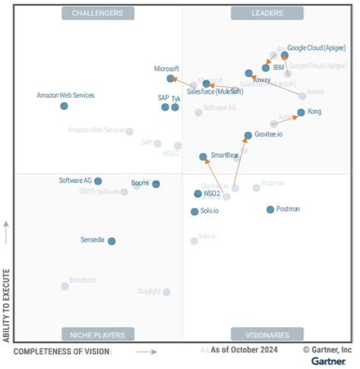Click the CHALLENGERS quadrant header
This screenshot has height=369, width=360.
click(x=98, y=13)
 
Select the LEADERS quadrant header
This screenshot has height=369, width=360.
click(x=267, y=13)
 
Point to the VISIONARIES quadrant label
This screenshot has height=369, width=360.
click(x=267, y=334)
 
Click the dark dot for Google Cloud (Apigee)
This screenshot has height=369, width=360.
click(x=285, y=55)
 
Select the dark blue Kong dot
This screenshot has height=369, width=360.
click(x=301, y=112)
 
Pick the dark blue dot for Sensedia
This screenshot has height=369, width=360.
click(x=112, y=241)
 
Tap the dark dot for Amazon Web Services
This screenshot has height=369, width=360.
click(x=64, y=106)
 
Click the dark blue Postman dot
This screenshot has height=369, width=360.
click(x=270, y=209)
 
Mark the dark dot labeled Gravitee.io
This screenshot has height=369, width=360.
click(x=248, y=135)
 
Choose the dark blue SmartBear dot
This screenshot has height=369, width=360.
click(x=203, y=157)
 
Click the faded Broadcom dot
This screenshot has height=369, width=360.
click(x=65, y=286)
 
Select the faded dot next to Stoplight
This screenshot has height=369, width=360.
click(x=166, y=292)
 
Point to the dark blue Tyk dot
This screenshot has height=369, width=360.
click(x=175, y=107)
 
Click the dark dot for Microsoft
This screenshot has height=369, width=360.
click(x=170, y=78)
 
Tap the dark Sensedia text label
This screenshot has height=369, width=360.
click(x=93, y=240)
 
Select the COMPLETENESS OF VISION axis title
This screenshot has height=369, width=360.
click(x=62, y=351)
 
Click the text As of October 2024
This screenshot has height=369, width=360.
click(x=245, y=350)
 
